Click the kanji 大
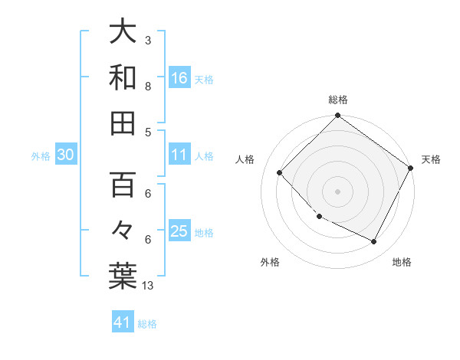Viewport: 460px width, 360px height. click(123, 32)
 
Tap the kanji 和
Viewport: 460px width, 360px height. click(123, 77)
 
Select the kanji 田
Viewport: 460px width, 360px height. click(123, 123)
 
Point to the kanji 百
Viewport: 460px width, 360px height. click(123, 185)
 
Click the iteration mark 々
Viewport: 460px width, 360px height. click(123, 230)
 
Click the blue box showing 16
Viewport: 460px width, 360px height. click(179, 77)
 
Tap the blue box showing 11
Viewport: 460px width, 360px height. click(179, 155)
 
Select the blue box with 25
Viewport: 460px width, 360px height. click(179, 231)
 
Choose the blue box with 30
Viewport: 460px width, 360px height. click(66, 155)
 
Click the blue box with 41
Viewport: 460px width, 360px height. click(123, 322)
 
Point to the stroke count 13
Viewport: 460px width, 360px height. click(148, 286)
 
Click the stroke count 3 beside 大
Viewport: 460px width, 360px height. click(147, 40)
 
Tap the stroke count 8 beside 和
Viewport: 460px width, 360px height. click(147, 86)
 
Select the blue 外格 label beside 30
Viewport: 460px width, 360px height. click(41, 155)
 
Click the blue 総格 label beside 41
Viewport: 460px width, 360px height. click(147, 323)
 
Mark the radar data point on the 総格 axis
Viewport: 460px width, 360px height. click(337, 116)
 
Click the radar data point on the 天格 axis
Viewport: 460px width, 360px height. click(411, 169)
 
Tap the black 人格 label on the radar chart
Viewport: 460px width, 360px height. click(245, 159)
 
